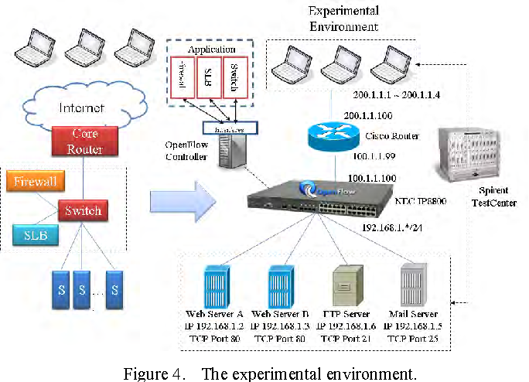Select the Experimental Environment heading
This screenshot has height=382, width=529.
tap(343, 19)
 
